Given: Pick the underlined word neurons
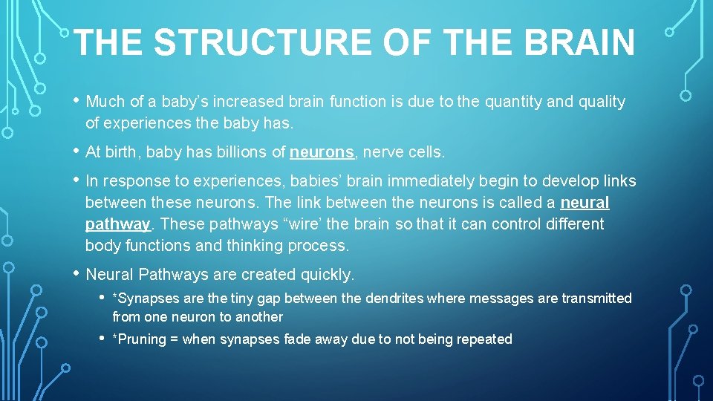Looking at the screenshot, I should [x=322, y=152].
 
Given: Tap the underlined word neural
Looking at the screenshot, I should [x=585, y=203].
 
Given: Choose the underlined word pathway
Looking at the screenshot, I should [x=117, y=224].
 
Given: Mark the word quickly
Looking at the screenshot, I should [x=327, y=275].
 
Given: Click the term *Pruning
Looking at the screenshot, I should [x=137, y=339].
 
